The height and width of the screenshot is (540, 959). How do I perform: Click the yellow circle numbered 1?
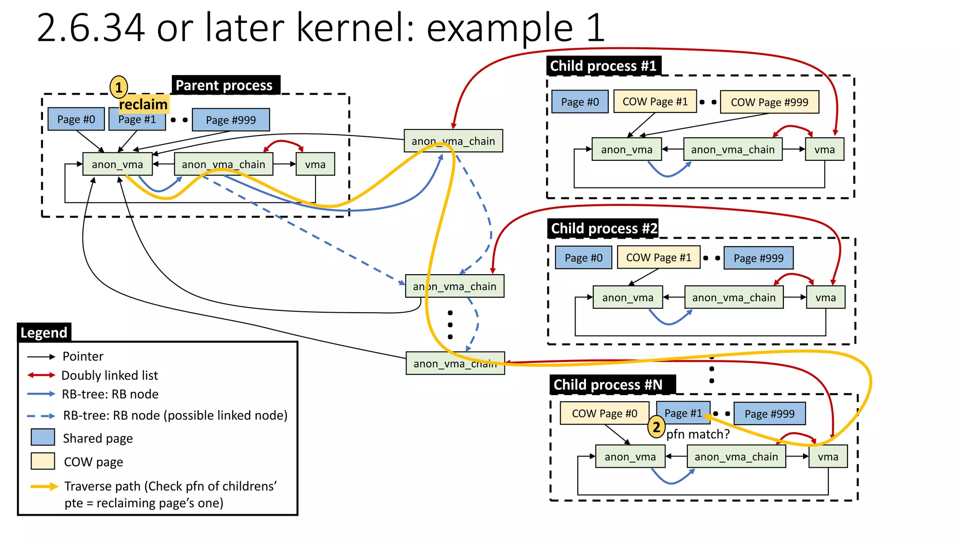click(x=118, y=87)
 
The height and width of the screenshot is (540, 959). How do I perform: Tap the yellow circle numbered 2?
click(x=656, y=427)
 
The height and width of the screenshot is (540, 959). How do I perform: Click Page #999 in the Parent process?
click(x=231, y=120)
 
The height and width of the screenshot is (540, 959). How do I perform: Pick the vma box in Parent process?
click(x=315, y=165)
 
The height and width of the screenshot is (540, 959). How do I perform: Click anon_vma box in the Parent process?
click(x=118, y=165)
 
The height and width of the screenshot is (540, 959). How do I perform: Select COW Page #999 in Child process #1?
click(x=769, y=102)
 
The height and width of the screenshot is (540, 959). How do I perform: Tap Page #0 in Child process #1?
click(x=580, y=102)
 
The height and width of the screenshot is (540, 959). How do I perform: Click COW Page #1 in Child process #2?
click(x=658, y=258)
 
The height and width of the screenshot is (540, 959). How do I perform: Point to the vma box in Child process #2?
click(x=826, y=298)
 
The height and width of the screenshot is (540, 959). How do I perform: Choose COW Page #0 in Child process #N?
click(x=605, y=413)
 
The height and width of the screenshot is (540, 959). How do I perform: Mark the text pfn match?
click(x=698, y=435)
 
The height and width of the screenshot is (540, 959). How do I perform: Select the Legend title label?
click(x=44, y=333)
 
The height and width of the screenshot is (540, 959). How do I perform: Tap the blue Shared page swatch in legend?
click(x=43, y=437)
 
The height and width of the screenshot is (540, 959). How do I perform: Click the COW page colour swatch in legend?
click(x=43, y=461)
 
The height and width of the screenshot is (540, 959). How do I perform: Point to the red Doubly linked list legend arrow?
click(x=41, y=375)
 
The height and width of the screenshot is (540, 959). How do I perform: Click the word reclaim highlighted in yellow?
click(x=143, y=105)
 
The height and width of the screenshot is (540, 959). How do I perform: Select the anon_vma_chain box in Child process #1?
click(x=733, y=150)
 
